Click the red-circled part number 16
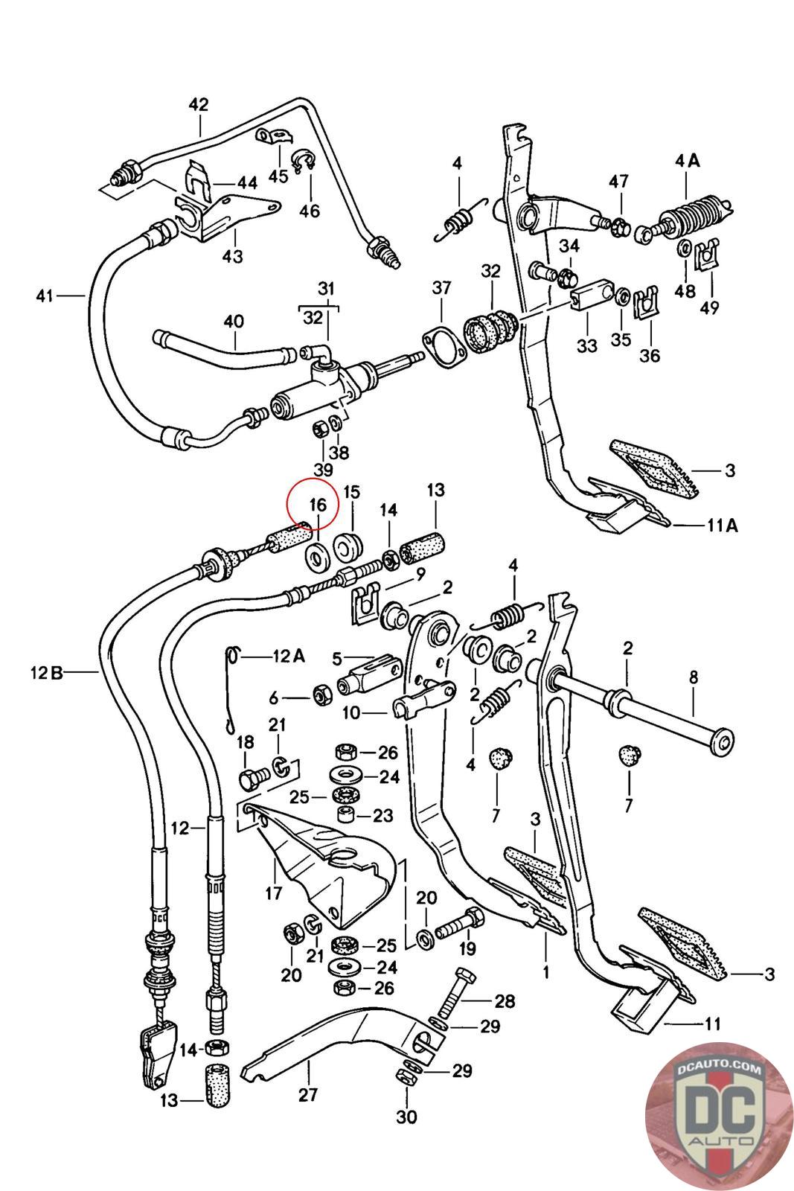(x=317, y=504)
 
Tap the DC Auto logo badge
(x=719, y=1116)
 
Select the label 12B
(x=47, y=673)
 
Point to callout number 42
(x=199, y=104)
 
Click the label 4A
(x=687, y=160)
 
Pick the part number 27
(x=308, y=1095)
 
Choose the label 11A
(x=723, y=526)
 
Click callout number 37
(x=441, y=287)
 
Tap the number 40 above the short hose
(x=234, y=321)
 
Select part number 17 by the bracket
(x=274, y=893)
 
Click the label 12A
(x=289, y=657)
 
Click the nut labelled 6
(x=321, y=695)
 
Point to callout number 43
(x=232, y=256)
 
